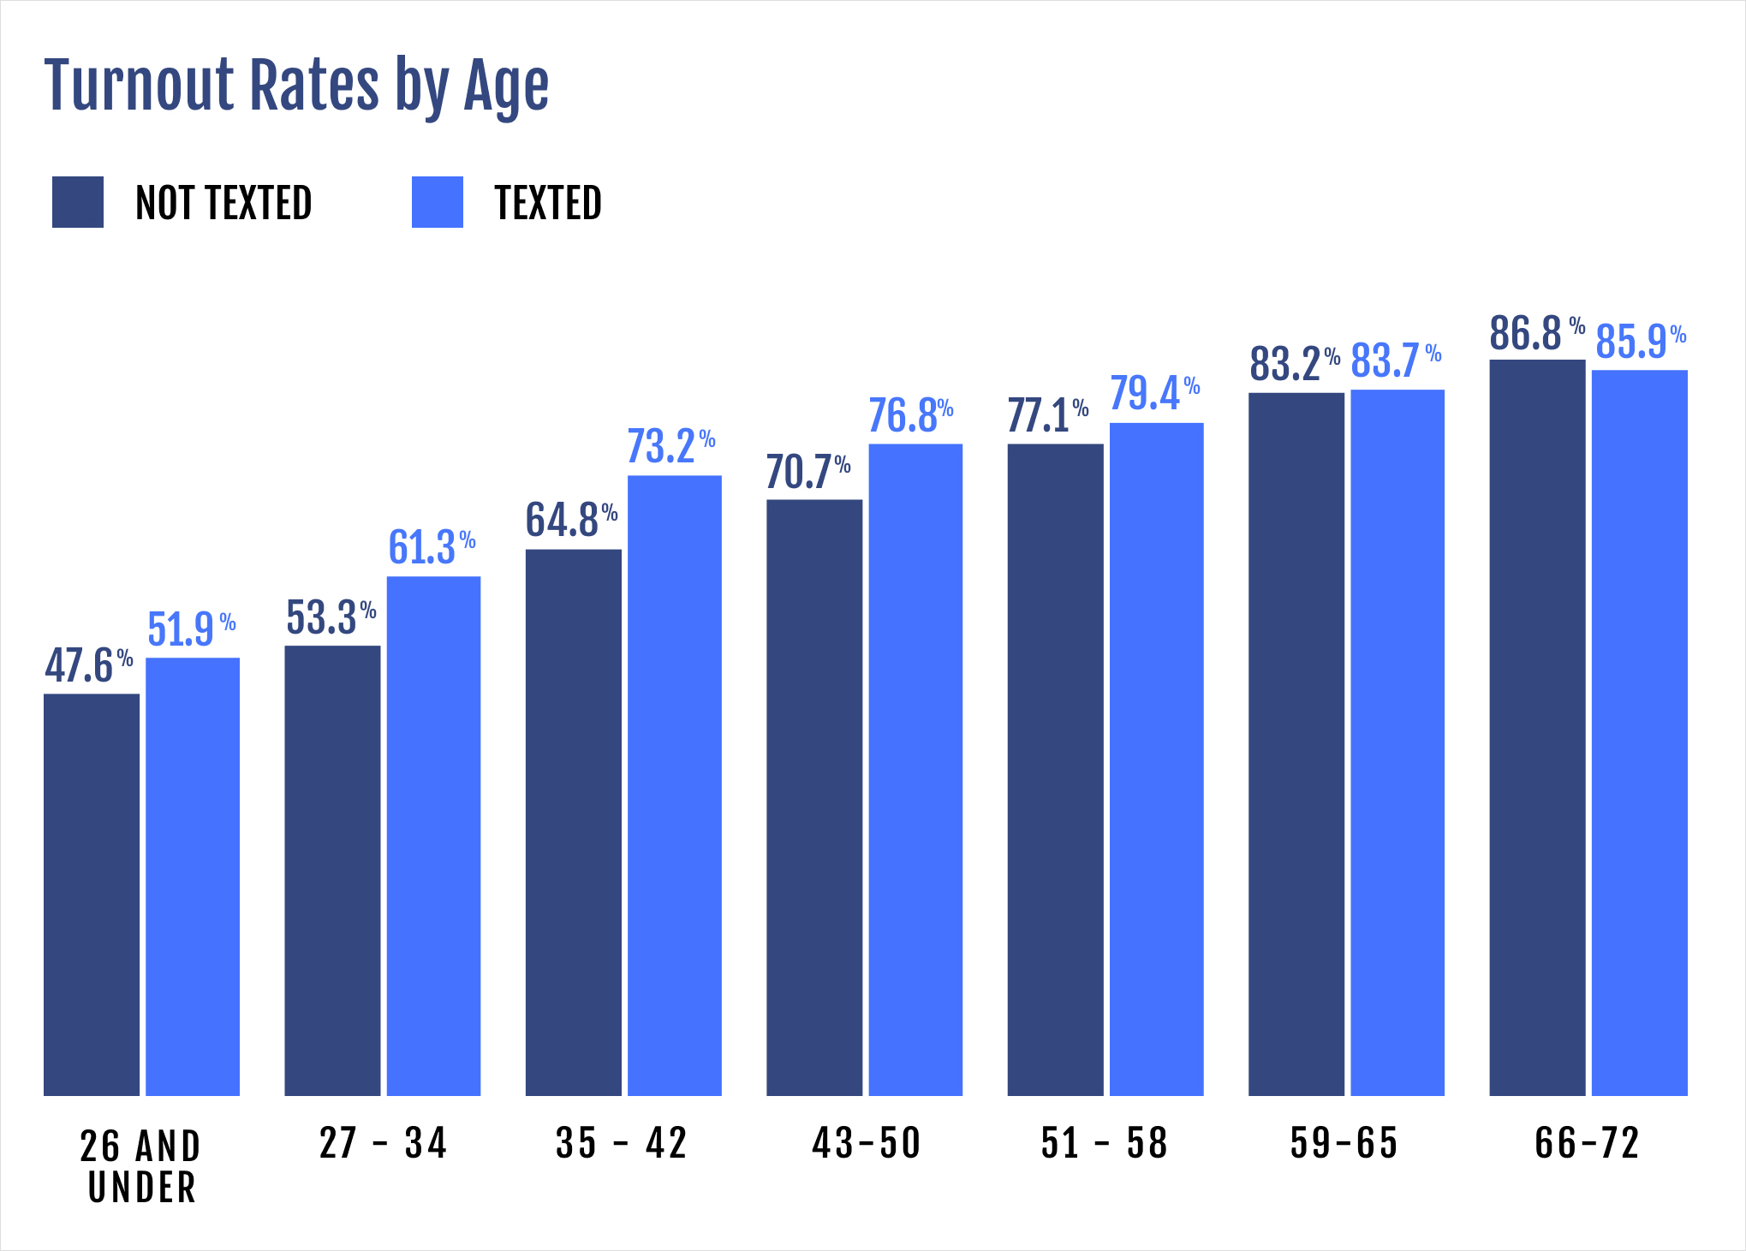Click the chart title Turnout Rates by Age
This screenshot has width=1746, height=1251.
pos(296,86)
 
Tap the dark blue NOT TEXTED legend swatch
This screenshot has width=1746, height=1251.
pos(78,202)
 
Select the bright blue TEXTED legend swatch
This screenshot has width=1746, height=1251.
pos(437,202)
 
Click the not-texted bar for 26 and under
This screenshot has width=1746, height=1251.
pos(92,895)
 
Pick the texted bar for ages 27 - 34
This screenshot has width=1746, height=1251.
pos(433,836)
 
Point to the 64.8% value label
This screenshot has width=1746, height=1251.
pos(570,520)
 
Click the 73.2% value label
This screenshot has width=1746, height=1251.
pos(670,446)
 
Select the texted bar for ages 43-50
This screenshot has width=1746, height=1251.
pos(915,769)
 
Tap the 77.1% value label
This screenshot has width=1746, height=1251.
pos(1047,415)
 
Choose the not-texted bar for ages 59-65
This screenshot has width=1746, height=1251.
pos(1296,744)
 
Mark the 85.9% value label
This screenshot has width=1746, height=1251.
pos(1640,341)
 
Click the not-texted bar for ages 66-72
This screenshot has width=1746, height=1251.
pos(1537,727)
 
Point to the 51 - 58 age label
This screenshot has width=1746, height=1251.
pos(1104,1143)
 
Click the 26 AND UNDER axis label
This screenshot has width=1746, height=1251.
pos(141,1166)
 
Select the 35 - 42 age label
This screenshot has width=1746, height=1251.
pos(621,1143)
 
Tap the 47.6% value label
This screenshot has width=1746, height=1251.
pos(88,665)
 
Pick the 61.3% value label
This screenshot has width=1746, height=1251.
pos(431,547)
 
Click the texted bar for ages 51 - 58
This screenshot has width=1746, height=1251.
pos(1156,759)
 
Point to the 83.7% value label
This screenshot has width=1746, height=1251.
pos(1395,360)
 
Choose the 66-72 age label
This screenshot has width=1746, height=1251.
pos(1587,1143)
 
